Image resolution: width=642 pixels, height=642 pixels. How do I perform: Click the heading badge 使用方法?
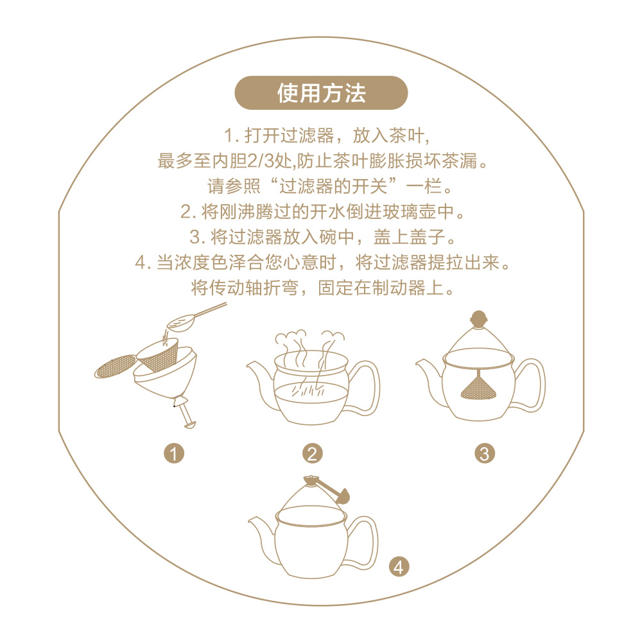[321, 93]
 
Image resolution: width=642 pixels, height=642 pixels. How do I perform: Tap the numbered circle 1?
[174, 454]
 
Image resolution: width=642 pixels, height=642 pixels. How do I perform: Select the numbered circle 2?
[313, 454]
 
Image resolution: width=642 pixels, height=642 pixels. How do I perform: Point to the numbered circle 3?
[485, 454]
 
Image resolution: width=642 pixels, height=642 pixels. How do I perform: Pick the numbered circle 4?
[399, 568]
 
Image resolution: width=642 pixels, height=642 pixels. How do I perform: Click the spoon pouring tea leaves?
[193, 318]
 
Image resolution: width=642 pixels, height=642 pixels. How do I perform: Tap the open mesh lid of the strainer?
[116, 366]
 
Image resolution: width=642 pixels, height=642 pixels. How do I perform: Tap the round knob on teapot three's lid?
[478, 318]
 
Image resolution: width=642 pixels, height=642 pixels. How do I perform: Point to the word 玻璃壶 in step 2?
[410, 212]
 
